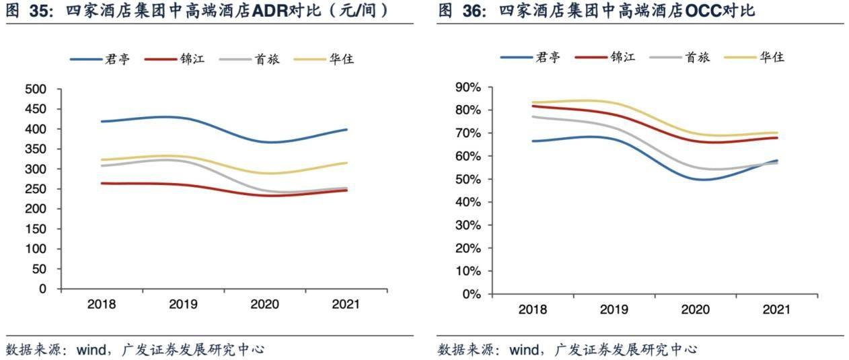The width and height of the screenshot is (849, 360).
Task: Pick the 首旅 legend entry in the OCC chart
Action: pyautogui.click(x=697, y=57)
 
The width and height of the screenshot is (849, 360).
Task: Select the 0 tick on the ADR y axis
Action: pyautogui.click(x=42, y=289)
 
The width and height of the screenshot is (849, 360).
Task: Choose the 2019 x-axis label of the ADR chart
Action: pyautogui.click(x=183, y=304)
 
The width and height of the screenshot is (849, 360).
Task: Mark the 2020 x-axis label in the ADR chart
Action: pyautogui.click(x=264, y=304)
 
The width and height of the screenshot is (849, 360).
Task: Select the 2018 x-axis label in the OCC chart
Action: pyautogui.click(x=532, y=310)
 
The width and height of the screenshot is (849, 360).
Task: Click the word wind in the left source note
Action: pyautogui.click(x=91, y=349)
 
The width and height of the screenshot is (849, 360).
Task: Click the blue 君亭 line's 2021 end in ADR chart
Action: pyautogui.click(x=347, y=129)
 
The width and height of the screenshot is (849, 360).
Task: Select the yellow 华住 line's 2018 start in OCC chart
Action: pyautogui.click(x=532, y=102)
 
